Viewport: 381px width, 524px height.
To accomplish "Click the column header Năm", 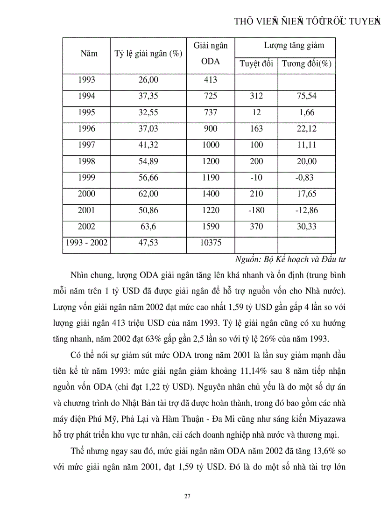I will click(x=89, y=53).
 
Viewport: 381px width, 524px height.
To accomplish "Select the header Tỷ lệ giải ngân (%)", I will click(x=148, y=53).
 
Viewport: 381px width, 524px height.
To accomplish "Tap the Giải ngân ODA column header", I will click(x=210, y=54).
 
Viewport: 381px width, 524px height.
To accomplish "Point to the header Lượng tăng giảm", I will click(x=294, y=46).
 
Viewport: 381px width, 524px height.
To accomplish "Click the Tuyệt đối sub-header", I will click(x=256, y=64).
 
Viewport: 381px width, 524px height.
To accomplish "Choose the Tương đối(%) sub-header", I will click(x=306, y=64).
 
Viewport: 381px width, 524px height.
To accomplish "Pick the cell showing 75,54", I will click(x=306, y=96).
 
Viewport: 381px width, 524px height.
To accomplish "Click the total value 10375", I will click(x=210, y=243).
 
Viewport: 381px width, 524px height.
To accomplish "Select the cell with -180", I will click(x=256, y=210).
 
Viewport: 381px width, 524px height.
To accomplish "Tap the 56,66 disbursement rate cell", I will click(x=148, y=178).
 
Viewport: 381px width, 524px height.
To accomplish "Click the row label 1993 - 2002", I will click(x=86, y=243).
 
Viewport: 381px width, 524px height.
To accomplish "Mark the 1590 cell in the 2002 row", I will click(x=210, y=227).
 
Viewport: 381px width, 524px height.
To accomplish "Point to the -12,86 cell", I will click(x=306, y=210).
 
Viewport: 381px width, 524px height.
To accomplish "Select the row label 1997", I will click(x=86, y=145).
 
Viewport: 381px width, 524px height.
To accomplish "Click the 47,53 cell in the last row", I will click(x=148, y=243).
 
